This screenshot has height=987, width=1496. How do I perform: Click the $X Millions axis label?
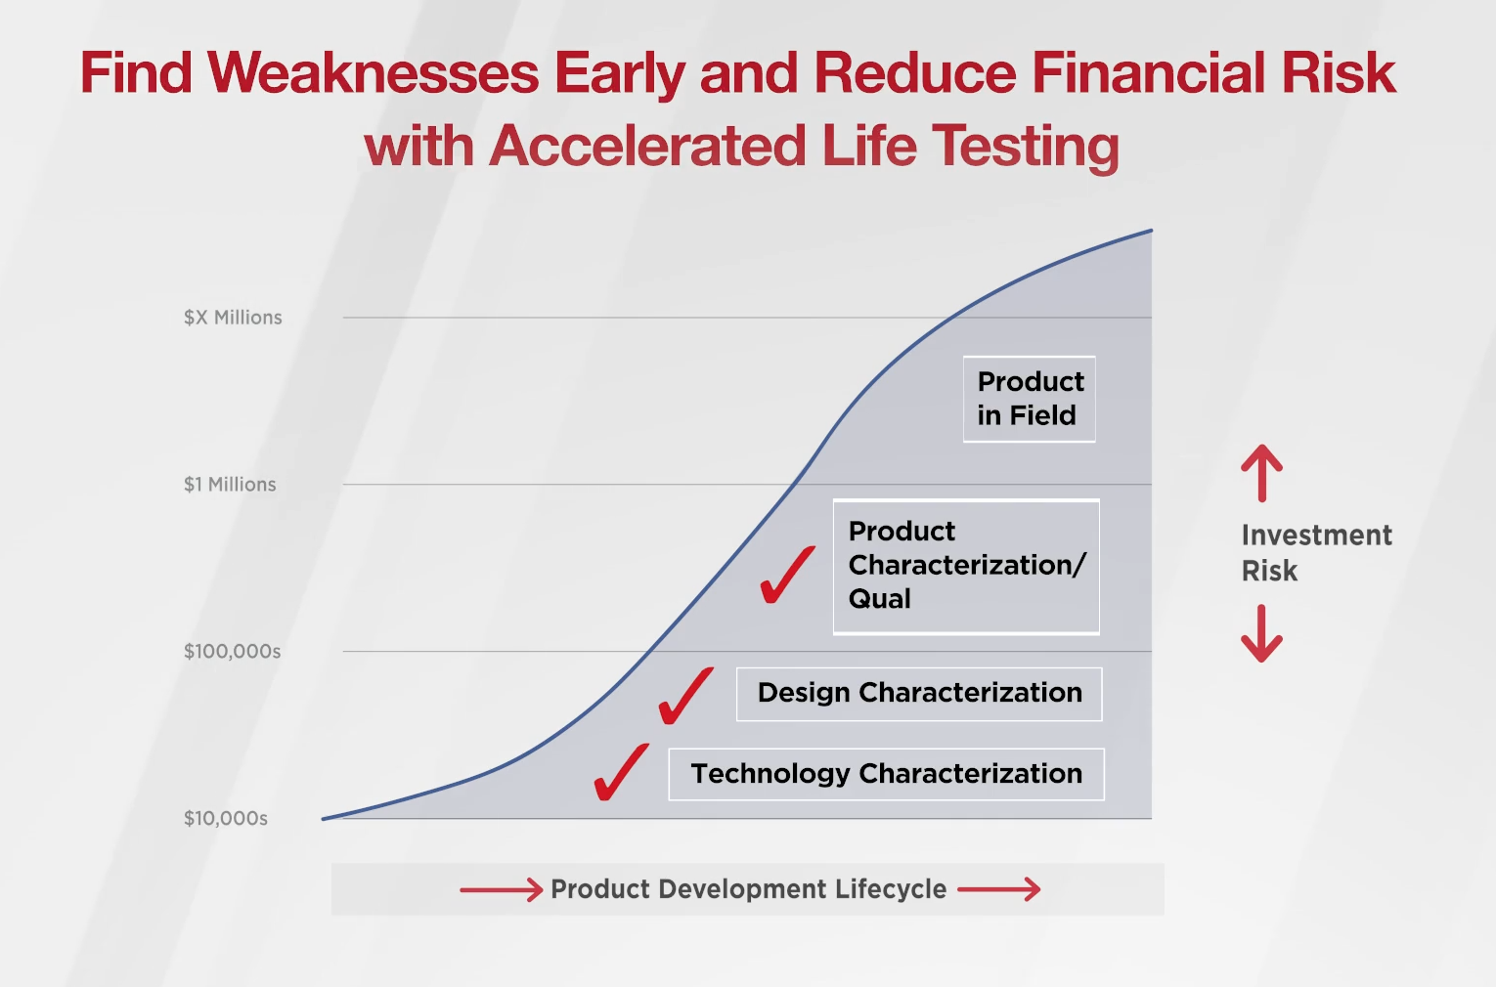233,318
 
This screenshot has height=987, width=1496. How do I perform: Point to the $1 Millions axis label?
230,485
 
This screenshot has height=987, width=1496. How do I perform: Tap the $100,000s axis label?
232,652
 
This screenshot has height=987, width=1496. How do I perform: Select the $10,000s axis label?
226,819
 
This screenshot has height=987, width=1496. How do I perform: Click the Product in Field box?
1029,399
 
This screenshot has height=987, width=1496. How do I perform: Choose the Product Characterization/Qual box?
966,566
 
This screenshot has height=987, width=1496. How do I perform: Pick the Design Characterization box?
919,694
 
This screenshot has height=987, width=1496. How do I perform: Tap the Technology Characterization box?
886,774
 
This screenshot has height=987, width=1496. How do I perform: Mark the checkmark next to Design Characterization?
685,696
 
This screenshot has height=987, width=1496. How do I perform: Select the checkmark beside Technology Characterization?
621,772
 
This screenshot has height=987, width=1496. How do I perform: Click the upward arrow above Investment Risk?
1261,473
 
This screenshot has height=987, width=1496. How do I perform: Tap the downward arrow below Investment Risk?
1261,633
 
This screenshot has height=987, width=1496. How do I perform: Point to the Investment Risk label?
1316,553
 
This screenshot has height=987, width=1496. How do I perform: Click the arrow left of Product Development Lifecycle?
501,889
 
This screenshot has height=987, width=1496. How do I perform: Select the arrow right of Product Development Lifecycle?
998,889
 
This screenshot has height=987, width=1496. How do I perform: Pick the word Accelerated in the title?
647,147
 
